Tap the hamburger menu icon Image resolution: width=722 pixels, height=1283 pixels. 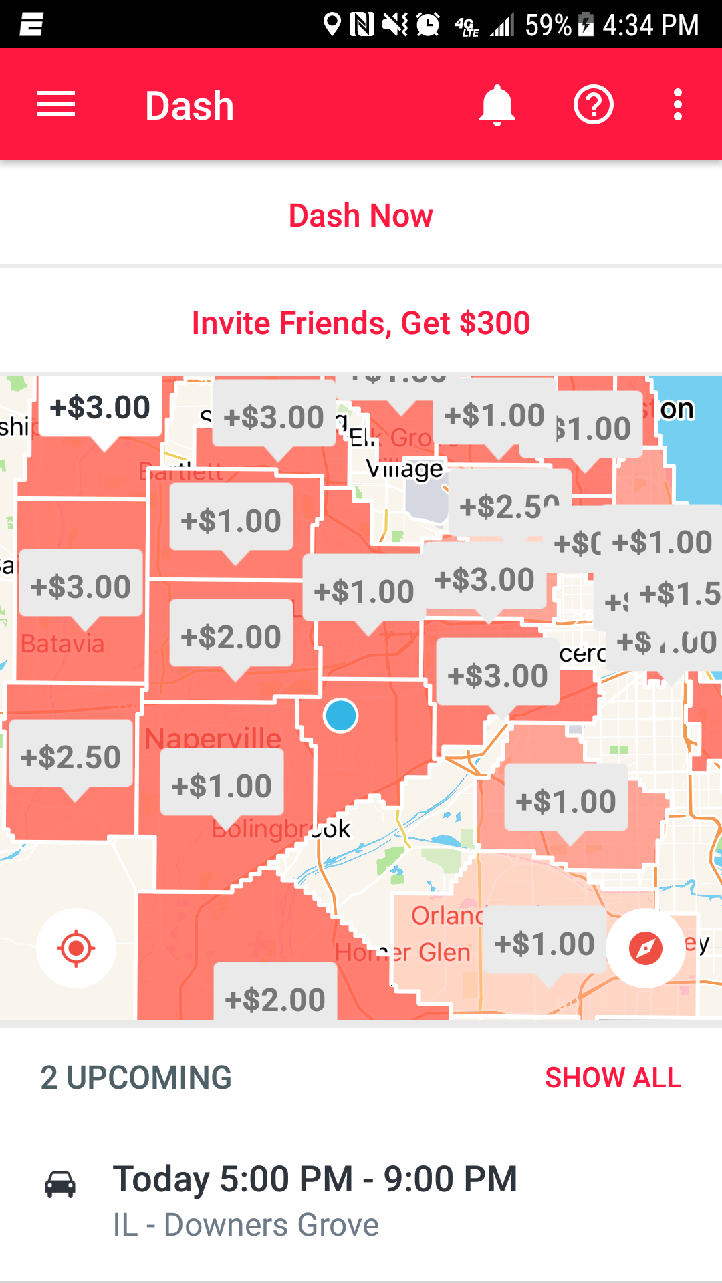(x=56, y=105)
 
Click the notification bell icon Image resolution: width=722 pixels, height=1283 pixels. (x=497, y=105)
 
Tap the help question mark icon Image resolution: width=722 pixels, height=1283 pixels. (x=593, y=105)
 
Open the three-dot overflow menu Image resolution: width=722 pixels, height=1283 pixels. (x=677, y=105)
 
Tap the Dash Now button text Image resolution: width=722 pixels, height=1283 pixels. (x=361, y=216)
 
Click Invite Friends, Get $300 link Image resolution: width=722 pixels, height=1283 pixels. (x=361, y=323)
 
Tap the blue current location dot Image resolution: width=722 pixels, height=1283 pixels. (x=341, y=716)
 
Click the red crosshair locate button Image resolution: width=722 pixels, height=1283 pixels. (x=76, y=948)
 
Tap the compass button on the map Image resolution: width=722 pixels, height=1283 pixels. (x=646, y=948)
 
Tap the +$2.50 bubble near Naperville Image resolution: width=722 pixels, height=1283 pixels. (x=70, y=757)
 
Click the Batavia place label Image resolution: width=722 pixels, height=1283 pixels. (x=63, y=644)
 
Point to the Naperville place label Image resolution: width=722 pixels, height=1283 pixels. (x=213, y=738)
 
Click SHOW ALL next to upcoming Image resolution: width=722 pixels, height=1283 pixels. (x=613, y=1078)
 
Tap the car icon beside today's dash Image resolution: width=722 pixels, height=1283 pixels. (x=60, y=1185)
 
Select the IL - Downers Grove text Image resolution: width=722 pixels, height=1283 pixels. (x=245, y=1225)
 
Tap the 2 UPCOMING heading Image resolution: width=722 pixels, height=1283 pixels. (x=136, y=1078)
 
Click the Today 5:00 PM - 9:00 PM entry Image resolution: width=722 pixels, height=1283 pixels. (x=315, y=1179)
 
